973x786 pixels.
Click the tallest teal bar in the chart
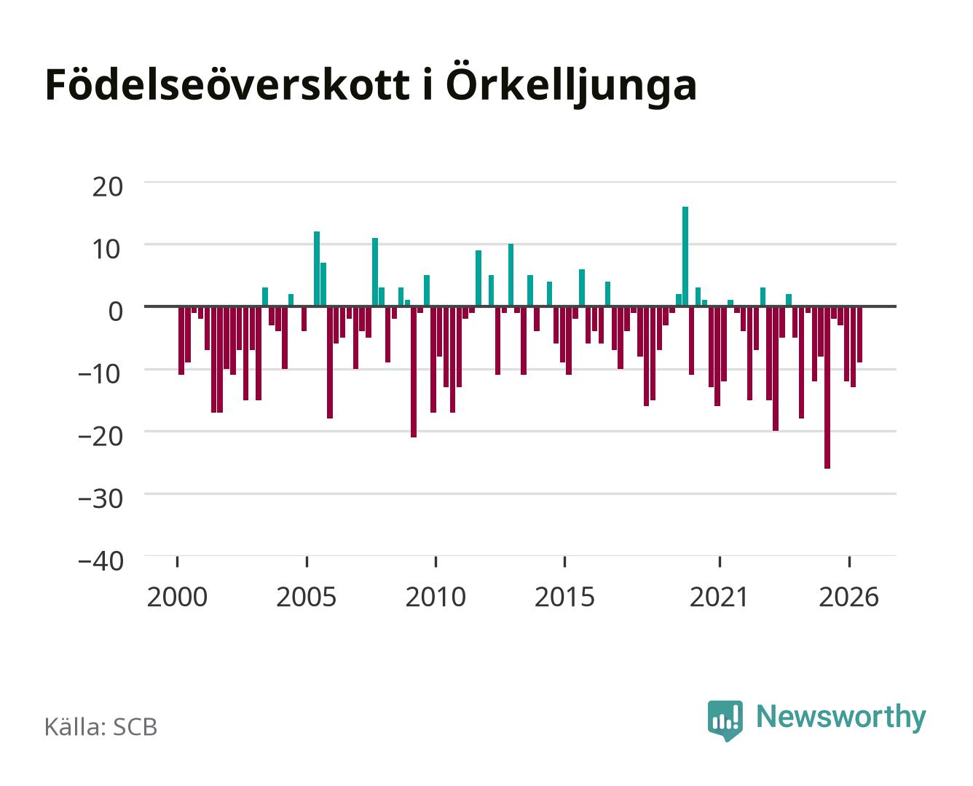pyautogui.click(x=685, y=256)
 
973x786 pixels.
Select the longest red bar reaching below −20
pyautogui.click(x=827, y=387)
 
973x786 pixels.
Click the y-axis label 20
pyautogui.click(x=107, y=187)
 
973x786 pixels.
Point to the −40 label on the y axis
pyautogui.click(x=101, y=561)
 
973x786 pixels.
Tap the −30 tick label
pyautogui.click(x=101, y=499)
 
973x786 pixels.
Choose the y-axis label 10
pyautogui.click(x=107, y=249)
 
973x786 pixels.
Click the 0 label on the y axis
pyautogui.click(x=116, y=311)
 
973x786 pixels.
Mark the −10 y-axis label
pyautogui.click(x=101, y=374)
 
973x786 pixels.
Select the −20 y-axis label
pyautogui.click(x=101, y=437)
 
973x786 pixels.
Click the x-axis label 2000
pyautogui.click(x=177, y=597)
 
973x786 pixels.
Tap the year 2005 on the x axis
pyautogui.click(x=307, y=597)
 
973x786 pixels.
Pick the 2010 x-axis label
pyautogui.click(x=436, y=597)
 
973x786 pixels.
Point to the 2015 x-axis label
pyautogui.click(x=564, y=597)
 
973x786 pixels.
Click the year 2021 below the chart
pyautogui.click(x=720, y=597)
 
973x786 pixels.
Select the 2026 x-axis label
pyautogui.click(x=848, y=597)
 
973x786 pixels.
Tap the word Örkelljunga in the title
pyautogui.click(x=571, y=84)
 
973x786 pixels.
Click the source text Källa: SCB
pyautogui.click(x=101, y=726)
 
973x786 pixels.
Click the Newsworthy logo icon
pyautogui.click(x=725, y=720)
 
